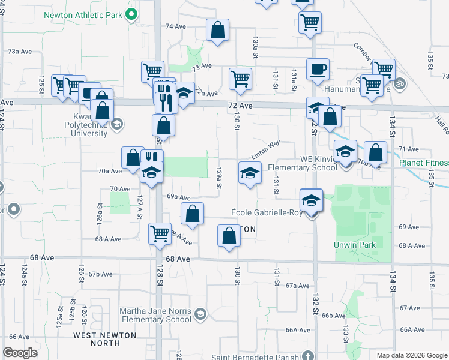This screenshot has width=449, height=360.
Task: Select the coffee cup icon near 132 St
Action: [317, 69]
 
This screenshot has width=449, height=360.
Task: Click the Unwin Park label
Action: [354, 245]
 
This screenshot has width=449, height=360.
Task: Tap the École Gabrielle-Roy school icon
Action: [311, 200]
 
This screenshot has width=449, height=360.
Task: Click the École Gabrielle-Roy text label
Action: [267, 213]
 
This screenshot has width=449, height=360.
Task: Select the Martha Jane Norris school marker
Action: [200, 314]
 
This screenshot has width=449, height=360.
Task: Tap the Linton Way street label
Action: [265, 149]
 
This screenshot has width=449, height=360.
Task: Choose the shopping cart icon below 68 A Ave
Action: [160, 233]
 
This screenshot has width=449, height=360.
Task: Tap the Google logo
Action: [20, 353]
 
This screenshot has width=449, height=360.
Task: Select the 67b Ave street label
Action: [101, 274]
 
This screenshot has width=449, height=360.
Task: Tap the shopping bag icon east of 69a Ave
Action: [192, 214]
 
